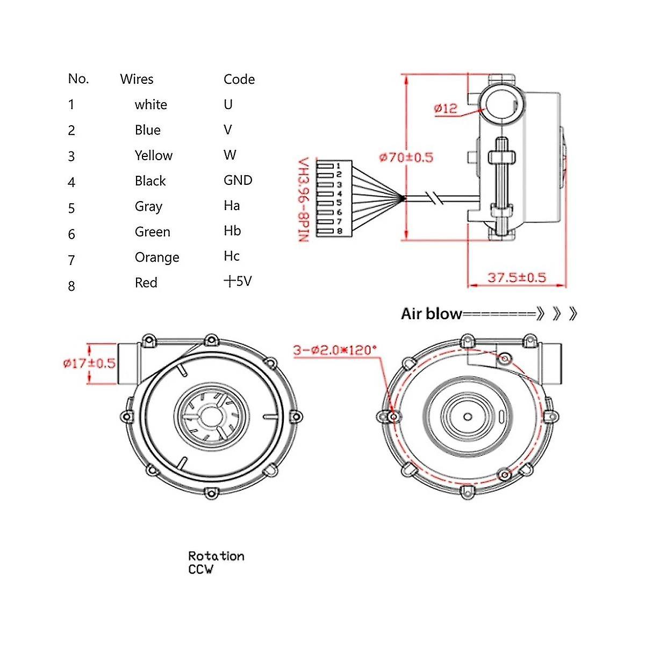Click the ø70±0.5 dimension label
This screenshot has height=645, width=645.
tap(406, 157)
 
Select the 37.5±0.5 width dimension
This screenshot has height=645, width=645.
tap(516, 277)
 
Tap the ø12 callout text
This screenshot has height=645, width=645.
tap(446, 108)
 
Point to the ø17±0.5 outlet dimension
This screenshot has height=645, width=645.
tap(89, 363)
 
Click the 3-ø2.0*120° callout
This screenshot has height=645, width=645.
tap(335, 350)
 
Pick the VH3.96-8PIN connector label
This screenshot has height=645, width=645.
tap(304, 199)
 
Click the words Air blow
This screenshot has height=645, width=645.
tap(431, 314)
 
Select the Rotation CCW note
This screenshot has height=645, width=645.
tap(216, 562)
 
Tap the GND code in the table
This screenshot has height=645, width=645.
tap(238, 180)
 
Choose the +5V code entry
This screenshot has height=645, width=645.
tap(237, 281)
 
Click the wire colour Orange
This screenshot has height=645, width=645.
tap(156, 257)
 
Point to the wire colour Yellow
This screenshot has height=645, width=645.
tap(153, 155)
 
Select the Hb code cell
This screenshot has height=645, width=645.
tap(232, 231)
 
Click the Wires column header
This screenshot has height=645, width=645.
tap(137, 79)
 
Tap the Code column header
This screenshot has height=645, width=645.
tap(239, 79)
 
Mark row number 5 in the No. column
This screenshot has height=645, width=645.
tap(71, 208)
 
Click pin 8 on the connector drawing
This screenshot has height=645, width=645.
tap(339, 231)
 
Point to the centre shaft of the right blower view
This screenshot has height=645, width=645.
tap(468, 417)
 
